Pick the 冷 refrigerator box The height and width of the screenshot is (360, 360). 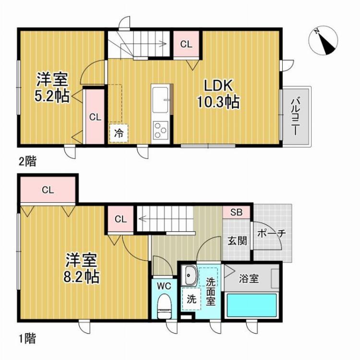tap(119, 134)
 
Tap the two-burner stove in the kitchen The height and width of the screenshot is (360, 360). tap(160, 130)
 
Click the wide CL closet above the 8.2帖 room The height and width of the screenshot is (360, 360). tap(47, 190)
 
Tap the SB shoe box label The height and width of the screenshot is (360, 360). tap(236, 212)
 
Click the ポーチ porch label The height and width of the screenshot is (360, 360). tap(272, 234)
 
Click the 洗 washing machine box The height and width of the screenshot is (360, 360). tap(191, 298)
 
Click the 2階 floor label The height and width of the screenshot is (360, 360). tap(27, 161)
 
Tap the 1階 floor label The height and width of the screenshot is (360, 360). tap(27, 338)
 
